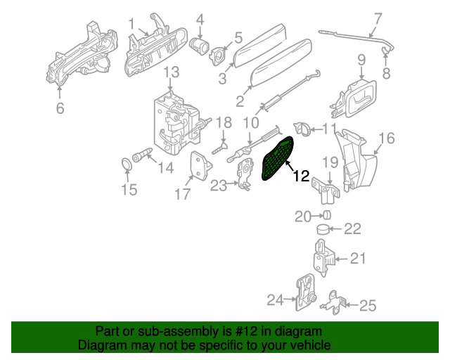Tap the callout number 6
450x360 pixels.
click(x=60, y=108)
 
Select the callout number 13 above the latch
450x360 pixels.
click(x=172, y=72)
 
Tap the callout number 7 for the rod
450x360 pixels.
click(x=378, y=18)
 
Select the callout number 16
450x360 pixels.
click(x=387, y=137)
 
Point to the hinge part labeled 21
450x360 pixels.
click(x=323, y=259)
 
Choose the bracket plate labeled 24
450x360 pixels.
click(x=307, y=293)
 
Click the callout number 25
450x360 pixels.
click(x=368, y=305)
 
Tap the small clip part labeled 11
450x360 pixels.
click(x=302, y=129)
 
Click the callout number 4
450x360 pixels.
click(x=200, y=19)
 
